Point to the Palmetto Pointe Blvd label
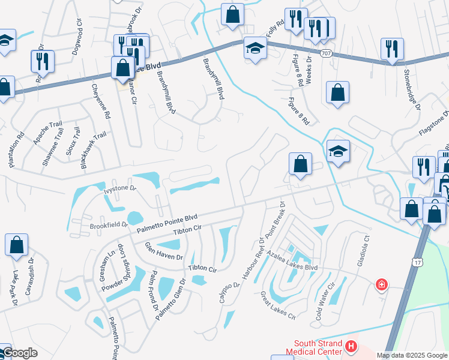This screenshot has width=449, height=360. click(166, 223)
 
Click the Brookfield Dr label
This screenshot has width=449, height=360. click(109, 225)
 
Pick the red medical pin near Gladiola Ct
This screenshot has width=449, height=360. click(381, 284)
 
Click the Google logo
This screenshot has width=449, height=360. click(20, 353)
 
